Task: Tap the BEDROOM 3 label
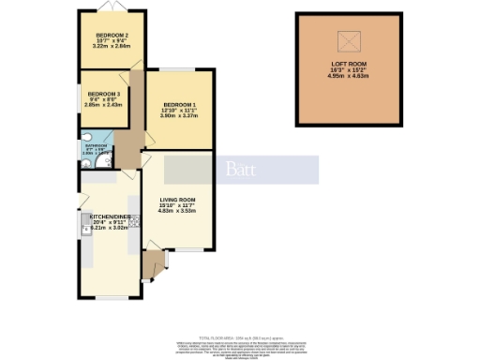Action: (x=103, y=94)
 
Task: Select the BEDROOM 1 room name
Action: (x=180, y=103)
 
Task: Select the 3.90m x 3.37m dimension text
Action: (x=180, y=116)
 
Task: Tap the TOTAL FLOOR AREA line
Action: (x=239, y=335)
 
